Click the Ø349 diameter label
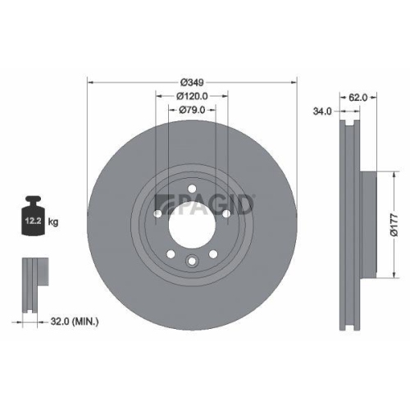tap(191, 82)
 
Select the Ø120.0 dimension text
tap(191, 95)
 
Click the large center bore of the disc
tap(191, 225)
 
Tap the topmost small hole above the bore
tap(191, 189)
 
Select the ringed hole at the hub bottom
tap(191, 262)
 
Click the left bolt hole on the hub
tap(157, 215)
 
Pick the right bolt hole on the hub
tap(225, 215)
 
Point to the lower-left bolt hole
tap(170, 254)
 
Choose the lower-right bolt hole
tap(212, 254)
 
